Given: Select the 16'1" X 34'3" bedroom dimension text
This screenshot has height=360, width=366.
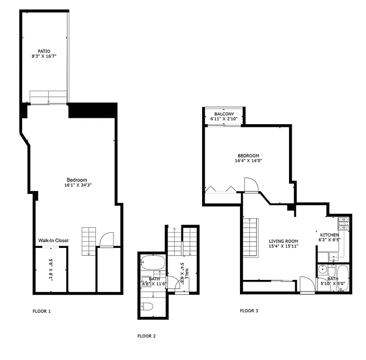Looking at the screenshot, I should click(x=81, y=185).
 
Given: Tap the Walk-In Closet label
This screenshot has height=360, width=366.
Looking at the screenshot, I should click(x=53, y=241).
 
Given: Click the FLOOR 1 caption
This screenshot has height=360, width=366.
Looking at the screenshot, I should click(x=42, y=311).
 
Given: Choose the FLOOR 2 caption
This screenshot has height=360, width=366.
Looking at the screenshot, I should click(x=146, y=336).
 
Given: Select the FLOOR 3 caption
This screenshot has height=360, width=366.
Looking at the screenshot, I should click(x=249, y=310).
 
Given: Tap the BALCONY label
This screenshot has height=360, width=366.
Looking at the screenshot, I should click(x=223, y=114).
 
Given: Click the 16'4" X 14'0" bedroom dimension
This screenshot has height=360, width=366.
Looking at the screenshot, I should click(x=248, y=161).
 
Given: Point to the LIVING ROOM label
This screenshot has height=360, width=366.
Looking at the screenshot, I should click(x=283, y=241).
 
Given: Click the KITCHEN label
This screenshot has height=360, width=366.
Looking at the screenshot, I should click(x=329, y=235).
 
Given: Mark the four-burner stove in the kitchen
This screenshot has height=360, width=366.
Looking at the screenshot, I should click(x=343, y=223).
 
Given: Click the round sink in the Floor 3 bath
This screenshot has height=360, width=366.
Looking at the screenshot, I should click(x=322, y=270).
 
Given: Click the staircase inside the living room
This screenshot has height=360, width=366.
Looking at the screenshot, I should click(x=249, y=237).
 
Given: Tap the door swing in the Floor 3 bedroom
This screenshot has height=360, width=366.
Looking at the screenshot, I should click(x=250, y=184).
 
